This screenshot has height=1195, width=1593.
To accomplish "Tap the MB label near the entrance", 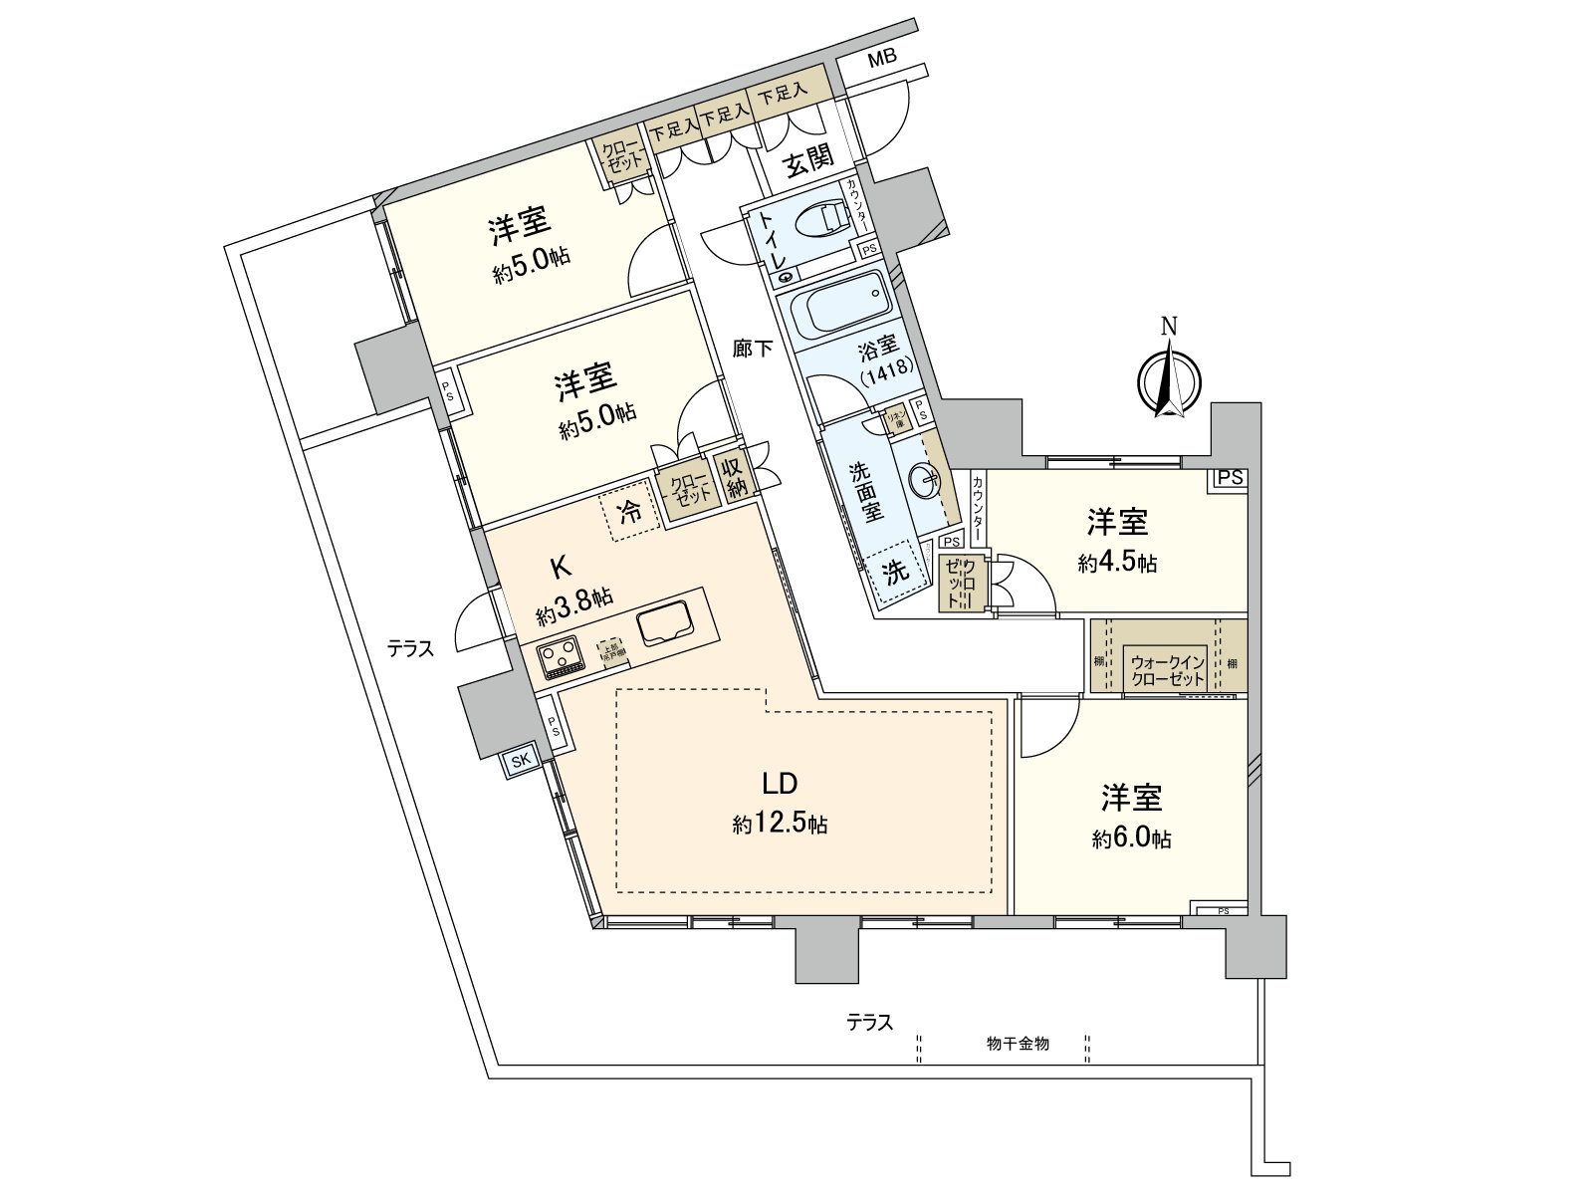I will coord(882,58).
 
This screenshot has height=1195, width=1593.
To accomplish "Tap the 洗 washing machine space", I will coord(898,573).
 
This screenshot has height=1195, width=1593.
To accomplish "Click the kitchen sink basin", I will coord(666,624).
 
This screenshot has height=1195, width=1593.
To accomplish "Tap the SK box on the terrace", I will coord(521,760).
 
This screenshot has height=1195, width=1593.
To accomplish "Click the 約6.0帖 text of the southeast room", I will coord(1131,839).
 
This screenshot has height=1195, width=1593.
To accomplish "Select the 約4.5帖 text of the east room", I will coord(1117,564).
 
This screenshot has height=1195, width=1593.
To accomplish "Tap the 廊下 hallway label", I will coord(752,348).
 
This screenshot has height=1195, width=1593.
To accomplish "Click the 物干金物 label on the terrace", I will coord(1018,1044).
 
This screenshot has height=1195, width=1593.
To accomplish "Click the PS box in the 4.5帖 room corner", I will coord(1230,478).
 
